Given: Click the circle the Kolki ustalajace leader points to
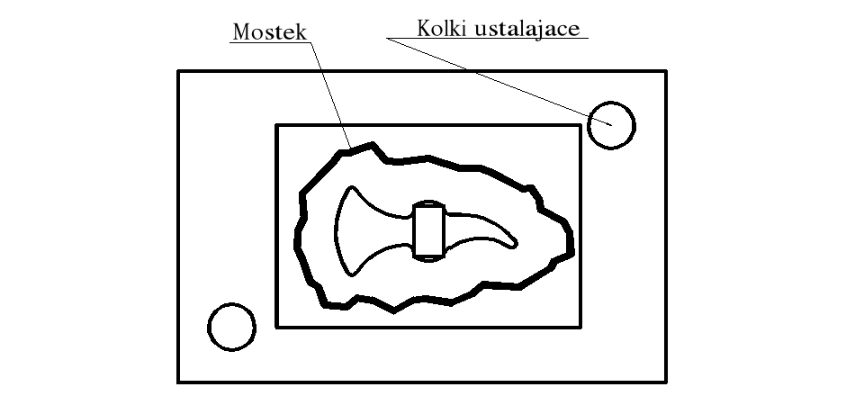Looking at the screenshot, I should tap(611, 124).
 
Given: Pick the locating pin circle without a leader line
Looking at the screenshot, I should tap(232, 326).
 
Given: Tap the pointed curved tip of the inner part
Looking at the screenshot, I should tap(513, 241).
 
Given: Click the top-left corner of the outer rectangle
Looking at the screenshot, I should tap(178, 71).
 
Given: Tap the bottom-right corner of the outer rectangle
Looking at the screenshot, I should tap(666, 382).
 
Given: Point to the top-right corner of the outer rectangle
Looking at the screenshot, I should tap(666, 71).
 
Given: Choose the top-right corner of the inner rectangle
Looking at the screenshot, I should tap(579, 126).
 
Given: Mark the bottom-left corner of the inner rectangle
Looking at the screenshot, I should tap(276, 327).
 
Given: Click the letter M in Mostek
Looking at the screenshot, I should tap(240, 32).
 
